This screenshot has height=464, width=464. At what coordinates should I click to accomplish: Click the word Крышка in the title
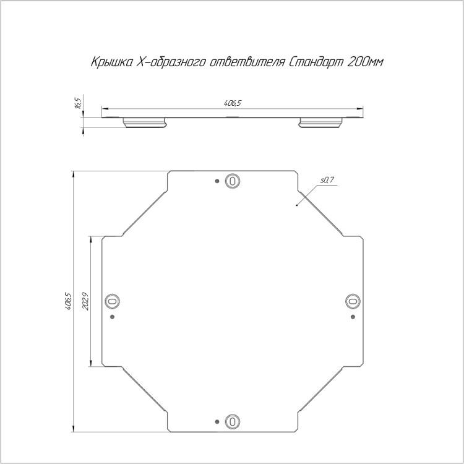pyautogui.click(x=112, y=62)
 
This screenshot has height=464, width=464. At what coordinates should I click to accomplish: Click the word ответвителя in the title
pyautogui.click(x=247, y=62)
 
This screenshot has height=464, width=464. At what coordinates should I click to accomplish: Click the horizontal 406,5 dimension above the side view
pyautogui.click(x=233, y=103)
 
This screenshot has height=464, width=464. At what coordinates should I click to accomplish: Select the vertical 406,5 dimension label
pyautogui.click(x=68, y=301)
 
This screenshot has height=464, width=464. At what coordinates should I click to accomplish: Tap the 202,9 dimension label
pyautogui.click(x=85, y=301)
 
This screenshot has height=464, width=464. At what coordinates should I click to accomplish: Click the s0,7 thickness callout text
pyautogui.click(x=327, y=179)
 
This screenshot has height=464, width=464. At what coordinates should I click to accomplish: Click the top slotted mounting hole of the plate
pyautogui.click(x=232, y=181)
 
